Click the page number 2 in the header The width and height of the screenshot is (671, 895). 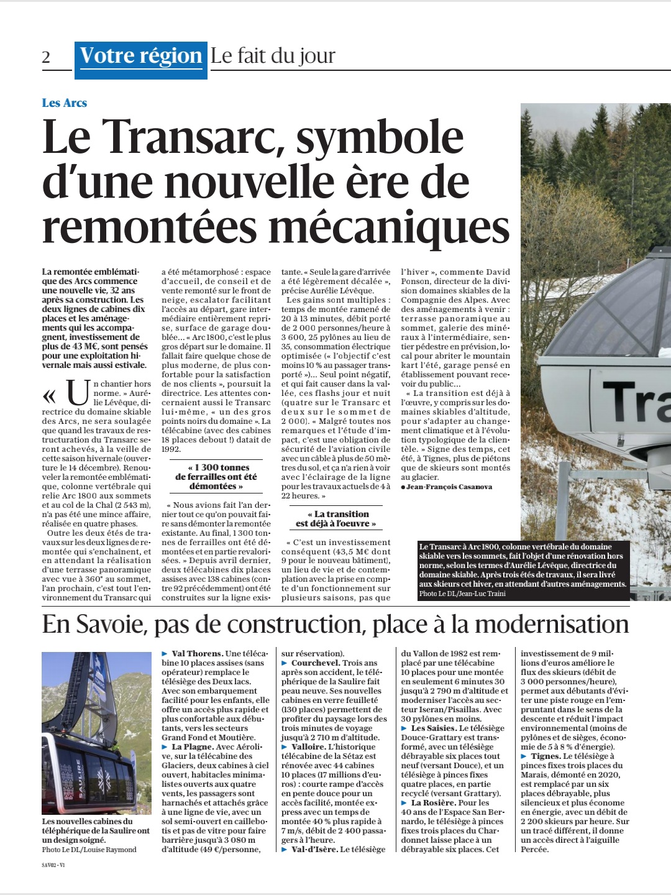pyautogui.click(x=46, y=57)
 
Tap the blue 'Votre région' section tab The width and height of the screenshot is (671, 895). pyautogui.click(x=141, y=57)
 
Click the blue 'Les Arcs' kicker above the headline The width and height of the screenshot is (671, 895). pyautogui.click(x=65, y=103)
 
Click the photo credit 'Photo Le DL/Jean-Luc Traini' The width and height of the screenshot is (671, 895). pyautogui.click(x=462, y=594)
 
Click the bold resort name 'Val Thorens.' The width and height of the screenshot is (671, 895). pyautogui.click(x=197, y=653)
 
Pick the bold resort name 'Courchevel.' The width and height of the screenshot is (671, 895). pyautogui.click(x=316, y=663)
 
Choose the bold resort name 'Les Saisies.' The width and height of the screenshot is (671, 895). pyautogui.click(x=434, y=728)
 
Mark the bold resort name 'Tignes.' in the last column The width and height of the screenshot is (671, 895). pyautogui.click(x=545, y=756)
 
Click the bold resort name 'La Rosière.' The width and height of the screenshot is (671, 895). pyautogui.click(x=434, y=802)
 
